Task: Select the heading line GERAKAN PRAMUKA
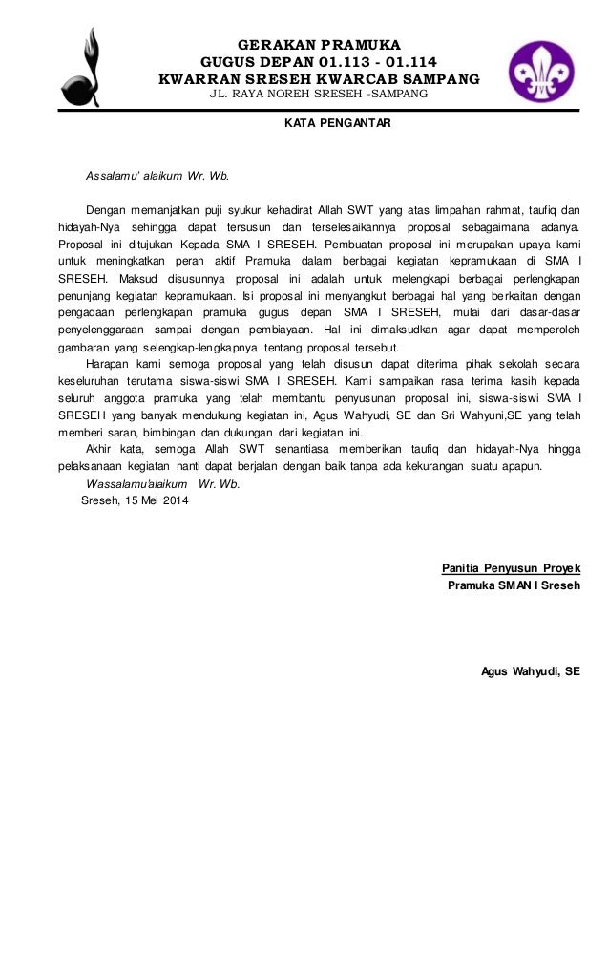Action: [x=319, y=44]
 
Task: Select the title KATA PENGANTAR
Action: [x=337, y=124]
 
